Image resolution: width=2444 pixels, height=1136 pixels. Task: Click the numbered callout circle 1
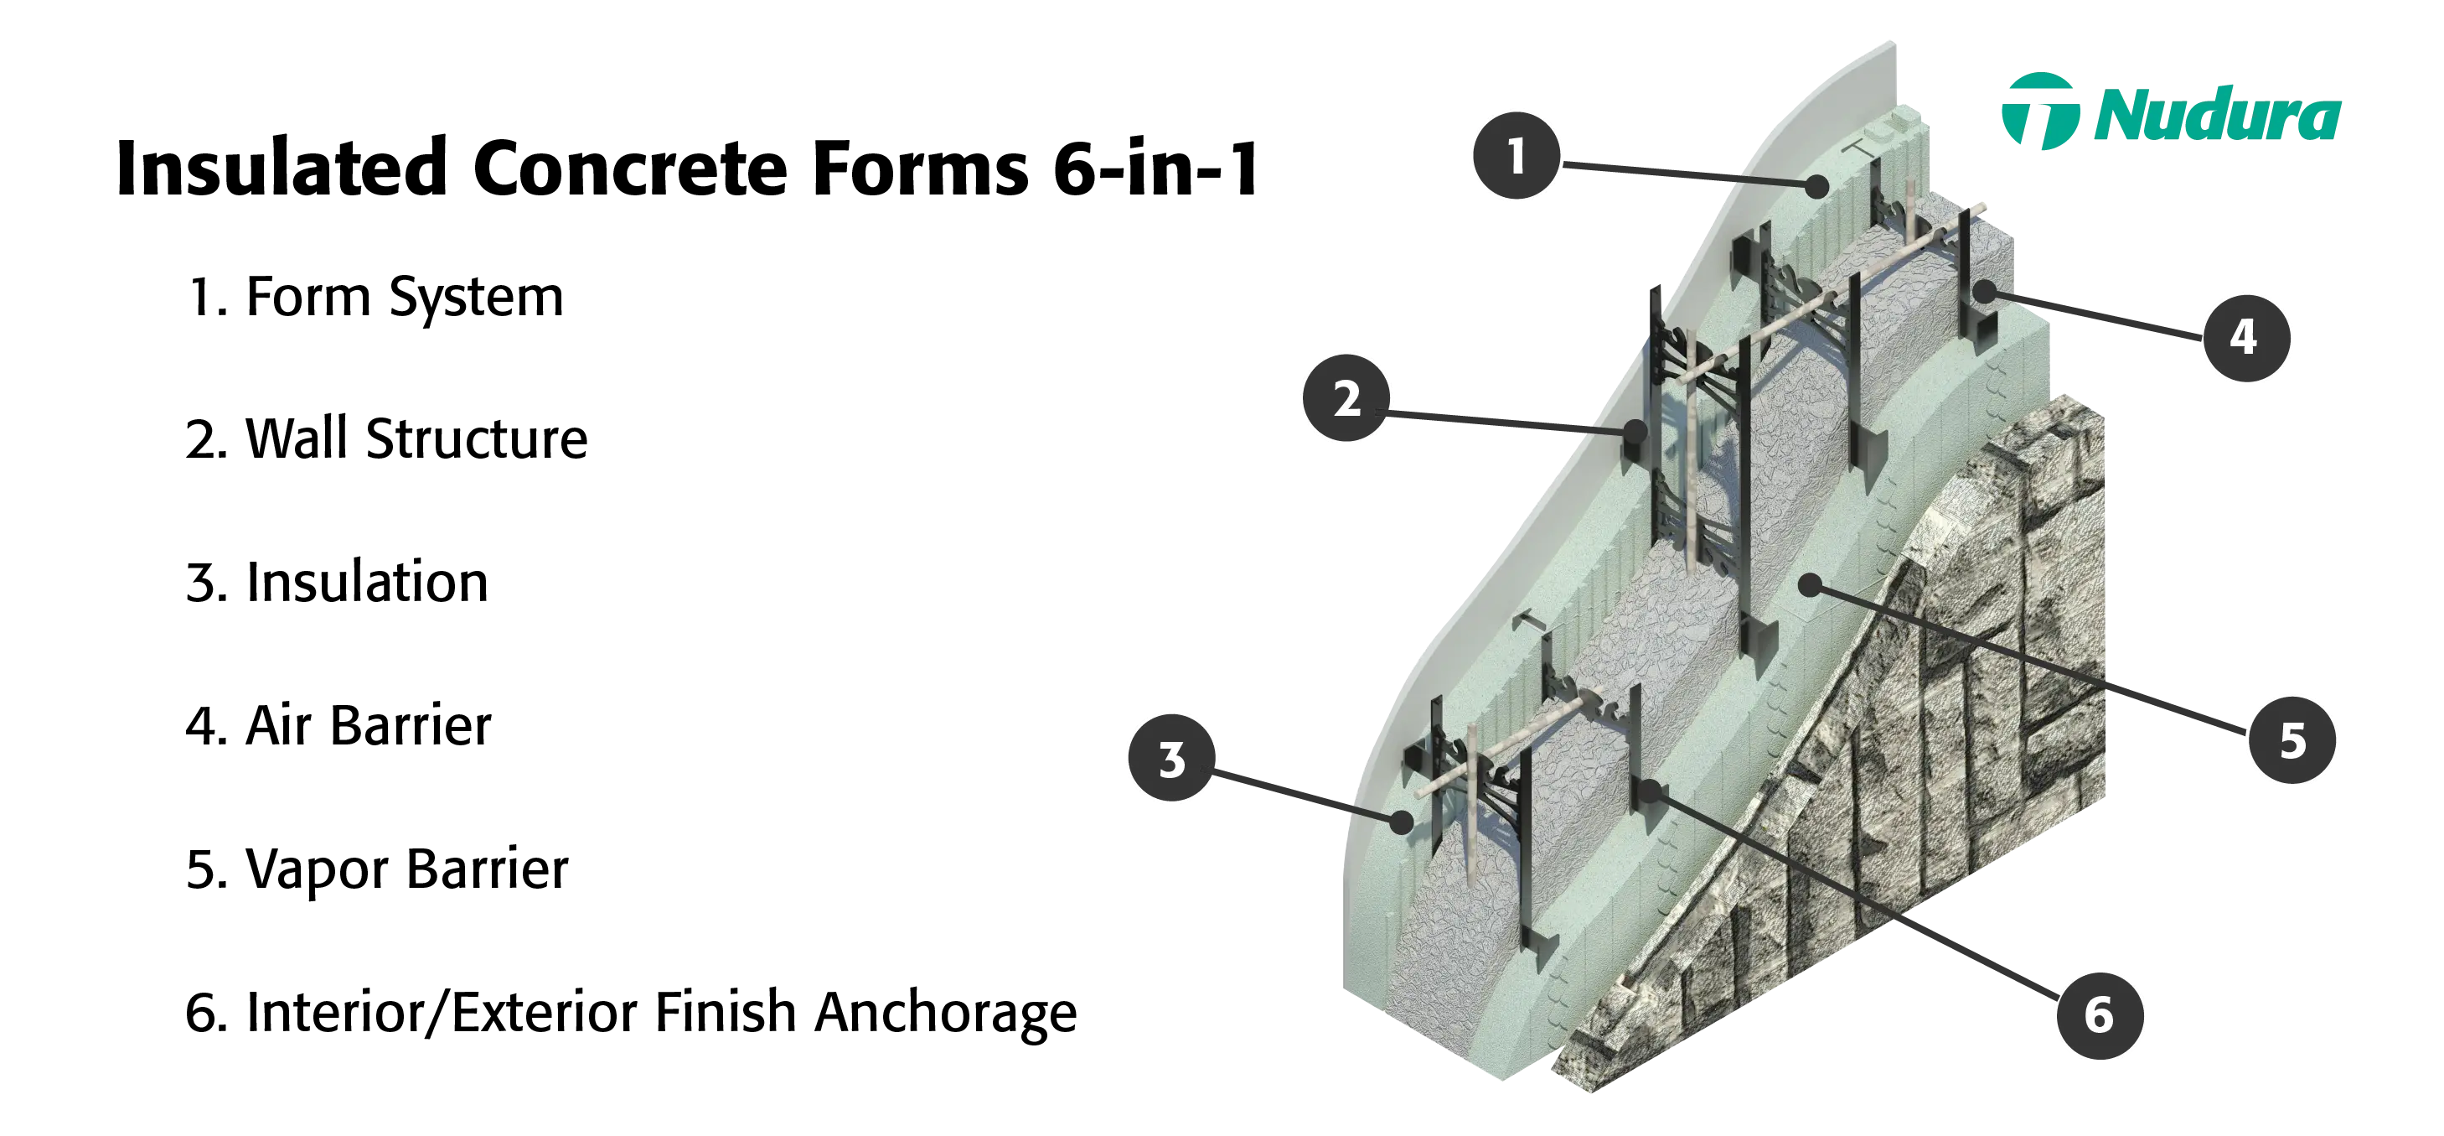pyautogui.click(x=1517, y=156)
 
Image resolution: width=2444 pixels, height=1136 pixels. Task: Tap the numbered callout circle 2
pyautogui.click(x=1346, y=397)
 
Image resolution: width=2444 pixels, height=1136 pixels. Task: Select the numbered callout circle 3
pyautogui.click(x=1171, y=758)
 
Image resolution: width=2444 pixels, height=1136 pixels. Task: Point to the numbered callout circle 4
pyautogui.click(x=2245, y=338)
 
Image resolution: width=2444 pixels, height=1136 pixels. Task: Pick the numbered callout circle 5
pyautogui.click(x=2292, y=740)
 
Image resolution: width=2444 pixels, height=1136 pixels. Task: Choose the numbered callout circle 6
pyautogui.click(x=2100, y=1015)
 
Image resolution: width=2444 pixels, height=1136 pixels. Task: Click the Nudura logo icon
pyautogui.click(x=2040, y=111)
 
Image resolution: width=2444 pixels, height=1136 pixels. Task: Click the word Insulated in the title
pyautogui.click(x=281, y=168)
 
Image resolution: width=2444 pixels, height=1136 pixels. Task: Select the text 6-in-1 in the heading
pyautogui.click(x=1156, y=168)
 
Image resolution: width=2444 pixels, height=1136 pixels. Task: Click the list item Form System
pyautogui.click(x=375, y=297)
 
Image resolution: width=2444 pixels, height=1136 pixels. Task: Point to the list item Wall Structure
pyautogui.click(x=386, y=438)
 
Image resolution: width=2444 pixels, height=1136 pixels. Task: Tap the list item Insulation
pyautogui.click(x=337, y=582)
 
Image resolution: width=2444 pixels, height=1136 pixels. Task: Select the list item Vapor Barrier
pyautogui.click(x=377, y=869)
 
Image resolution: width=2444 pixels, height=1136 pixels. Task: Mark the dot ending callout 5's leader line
pyautogui.click(x=1811, y=585)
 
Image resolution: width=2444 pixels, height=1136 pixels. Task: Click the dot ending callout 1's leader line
pyautogui.click(x=1816, y=186)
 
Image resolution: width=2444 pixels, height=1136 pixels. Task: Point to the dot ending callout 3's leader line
pyautogui.click(x=1402, y=821)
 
